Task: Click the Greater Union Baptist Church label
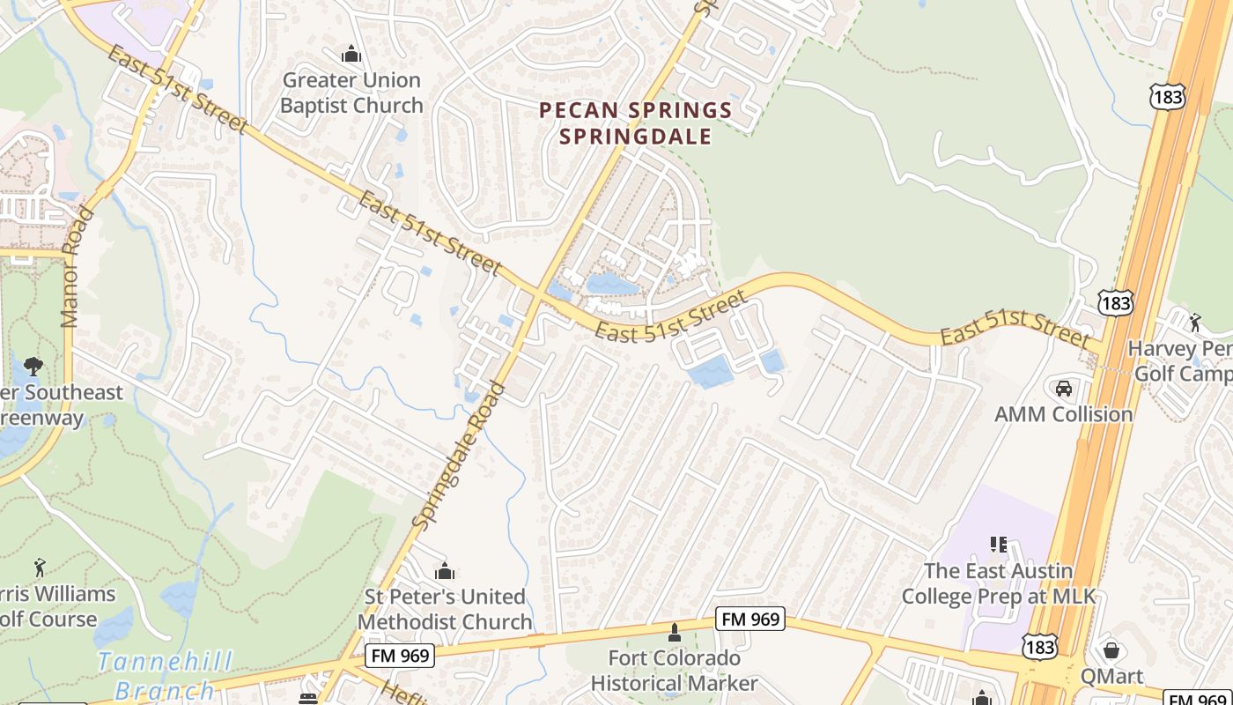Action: coord(351,93)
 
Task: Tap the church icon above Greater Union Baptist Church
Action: coord(351,55)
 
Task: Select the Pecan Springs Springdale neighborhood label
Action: coord(635,123)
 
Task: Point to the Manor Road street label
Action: coord(78,267)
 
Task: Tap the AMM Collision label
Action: coord(1063,414)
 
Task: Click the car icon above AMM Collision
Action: coord(1063,388)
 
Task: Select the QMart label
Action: coord(1111,677)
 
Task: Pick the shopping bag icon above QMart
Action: coord(1111,651)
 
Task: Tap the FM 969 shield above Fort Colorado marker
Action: coord(750,620)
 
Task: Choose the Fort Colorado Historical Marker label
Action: coord(674,671)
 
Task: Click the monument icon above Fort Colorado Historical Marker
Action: coord(675,633)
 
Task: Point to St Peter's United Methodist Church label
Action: coord(445,609)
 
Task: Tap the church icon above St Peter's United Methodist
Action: coord(445,571)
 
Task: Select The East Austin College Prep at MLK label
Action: coord(999,583)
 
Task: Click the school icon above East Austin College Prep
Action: coord(999,545)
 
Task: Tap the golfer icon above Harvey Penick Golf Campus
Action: coord(1195,323)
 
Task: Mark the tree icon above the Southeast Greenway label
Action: coord(33,367)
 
